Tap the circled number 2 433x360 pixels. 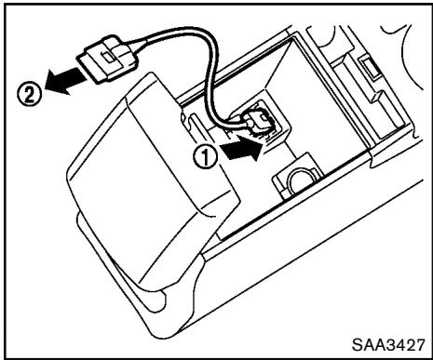[x=30, y=94]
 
